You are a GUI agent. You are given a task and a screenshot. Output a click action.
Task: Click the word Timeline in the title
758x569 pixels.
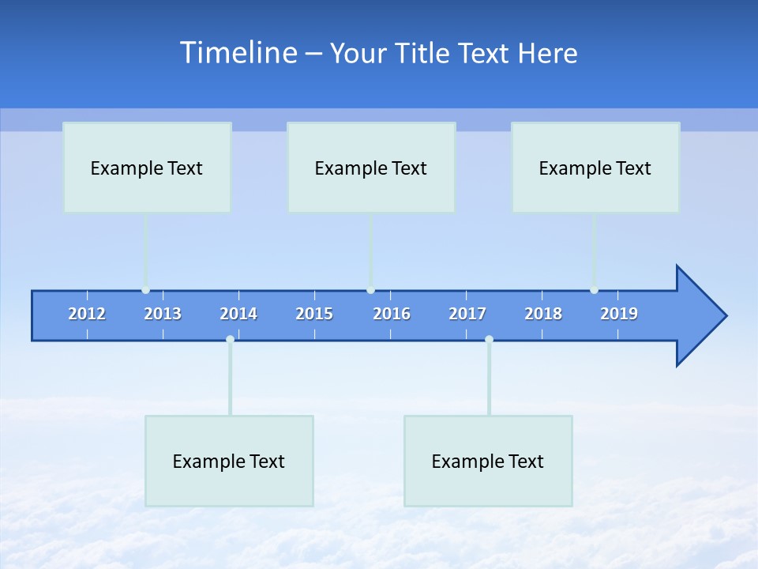click(x=237, y=53)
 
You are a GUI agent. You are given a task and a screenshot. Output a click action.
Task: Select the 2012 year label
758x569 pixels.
click(x=87, y=314)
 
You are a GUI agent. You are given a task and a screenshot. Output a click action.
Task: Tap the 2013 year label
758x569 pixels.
click(x=163, y=314)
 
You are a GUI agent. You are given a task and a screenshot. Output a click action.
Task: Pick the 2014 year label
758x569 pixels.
click(x=238, y=314)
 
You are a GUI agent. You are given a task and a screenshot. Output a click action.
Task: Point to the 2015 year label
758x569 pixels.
click(x=314, y=314)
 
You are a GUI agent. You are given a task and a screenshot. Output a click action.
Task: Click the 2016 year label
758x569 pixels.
click(x=392, y=314)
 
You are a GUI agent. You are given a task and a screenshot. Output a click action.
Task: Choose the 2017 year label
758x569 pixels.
click(x=467, y=314)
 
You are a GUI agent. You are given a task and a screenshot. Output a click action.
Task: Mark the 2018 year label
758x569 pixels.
click(x=543, y=314)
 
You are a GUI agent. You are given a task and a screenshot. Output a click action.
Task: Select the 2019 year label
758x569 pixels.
click(x=619, y=314)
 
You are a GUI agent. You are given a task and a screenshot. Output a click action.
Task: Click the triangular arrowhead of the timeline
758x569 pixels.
click(x=699, y=316)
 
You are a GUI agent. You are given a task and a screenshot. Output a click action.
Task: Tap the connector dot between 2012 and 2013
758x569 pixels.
click(x=145, y=290)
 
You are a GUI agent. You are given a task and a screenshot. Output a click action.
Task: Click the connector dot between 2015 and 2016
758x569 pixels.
click(x=370, y=290)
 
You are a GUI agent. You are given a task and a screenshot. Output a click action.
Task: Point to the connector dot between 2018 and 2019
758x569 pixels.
click(x=594, y=290)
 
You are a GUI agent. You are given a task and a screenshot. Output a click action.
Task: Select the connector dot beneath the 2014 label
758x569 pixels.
click(x=230, y=339)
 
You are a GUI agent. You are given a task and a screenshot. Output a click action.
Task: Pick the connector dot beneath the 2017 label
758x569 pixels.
click(x=489, y=339)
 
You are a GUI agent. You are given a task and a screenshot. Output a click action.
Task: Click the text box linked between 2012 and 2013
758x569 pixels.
click(x=147, y=168)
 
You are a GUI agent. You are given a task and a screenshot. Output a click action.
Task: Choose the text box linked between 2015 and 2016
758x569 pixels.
click(x=371, y=168)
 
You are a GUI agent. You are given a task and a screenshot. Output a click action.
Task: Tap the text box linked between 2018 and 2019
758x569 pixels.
click(x=595, y=168)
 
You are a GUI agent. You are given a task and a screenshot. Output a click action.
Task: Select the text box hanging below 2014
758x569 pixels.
click(x=229, y=461)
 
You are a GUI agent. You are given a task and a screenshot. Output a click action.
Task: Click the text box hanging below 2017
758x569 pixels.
click(x=488, y=461)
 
